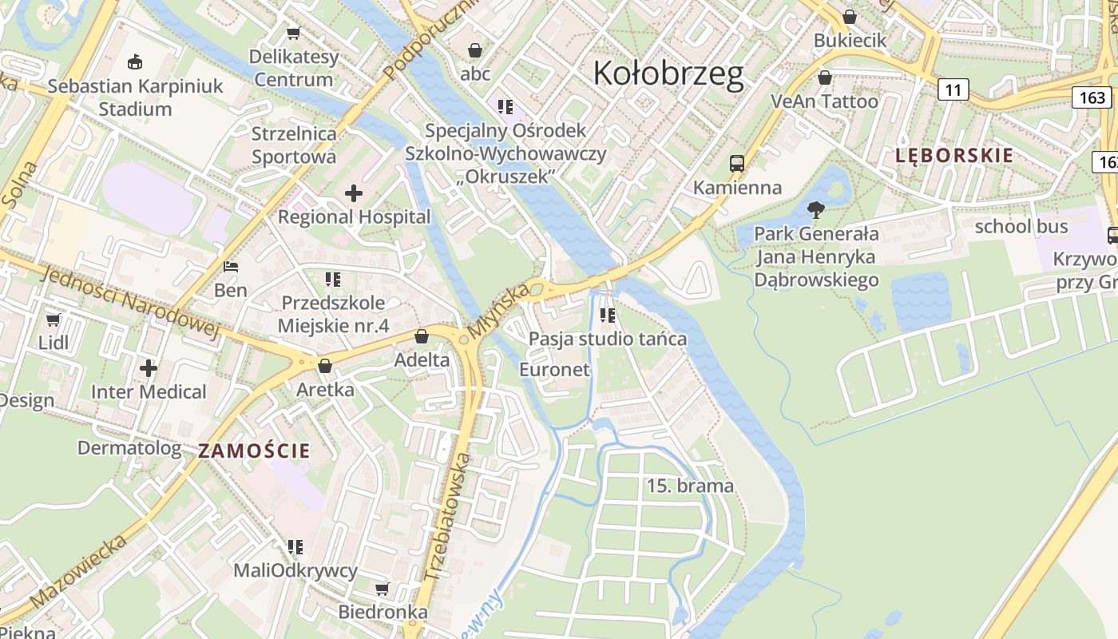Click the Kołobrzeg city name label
tap(668, 73)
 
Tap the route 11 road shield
tap(953, 89)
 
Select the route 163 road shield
tap(1092, 97)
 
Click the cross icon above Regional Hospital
tap(353, 193)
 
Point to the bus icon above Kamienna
tap(737, 164)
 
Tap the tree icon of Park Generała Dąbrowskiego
tap(815, 210)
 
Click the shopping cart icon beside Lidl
tap(54, 319)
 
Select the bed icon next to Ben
tap(231, 267)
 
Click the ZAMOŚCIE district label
tap(254, 450)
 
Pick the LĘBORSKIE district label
tap(953, 156)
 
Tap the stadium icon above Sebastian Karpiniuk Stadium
tap(135, 62)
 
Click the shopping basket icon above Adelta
tap(422, 336)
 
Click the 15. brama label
tap(689, 486)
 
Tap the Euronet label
tap(554, 369)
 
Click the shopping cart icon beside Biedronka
tap(383, 589)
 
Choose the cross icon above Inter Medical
tap(149, 368)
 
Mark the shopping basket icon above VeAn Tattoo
tap(825, 77)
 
